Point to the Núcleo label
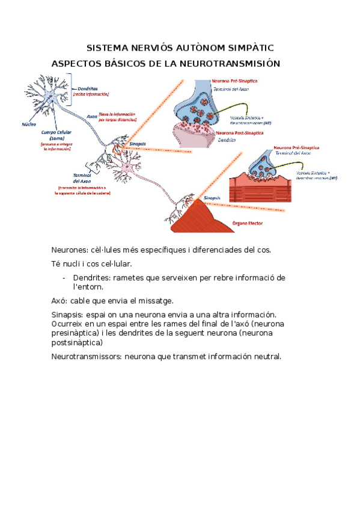[28, 124]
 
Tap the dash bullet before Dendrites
[64, 278]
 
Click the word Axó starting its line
[59, 301]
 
